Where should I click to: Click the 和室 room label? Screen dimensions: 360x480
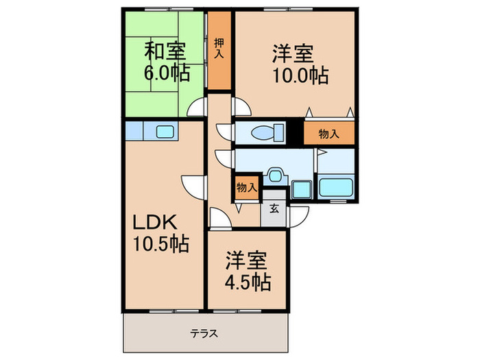tap(164, 50)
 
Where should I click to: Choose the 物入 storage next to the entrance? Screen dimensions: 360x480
tap(247, 187)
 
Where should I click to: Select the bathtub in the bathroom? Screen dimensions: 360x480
tap(335, 187)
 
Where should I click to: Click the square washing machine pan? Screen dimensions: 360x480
tap(300, 189)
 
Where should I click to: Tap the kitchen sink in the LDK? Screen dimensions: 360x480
tap(165, 132)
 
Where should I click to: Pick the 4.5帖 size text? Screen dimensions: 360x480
tap(247, 281)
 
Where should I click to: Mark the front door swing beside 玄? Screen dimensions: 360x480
tap(296, 219)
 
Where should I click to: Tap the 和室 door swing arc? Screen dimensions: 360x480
tap(197, 106)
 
